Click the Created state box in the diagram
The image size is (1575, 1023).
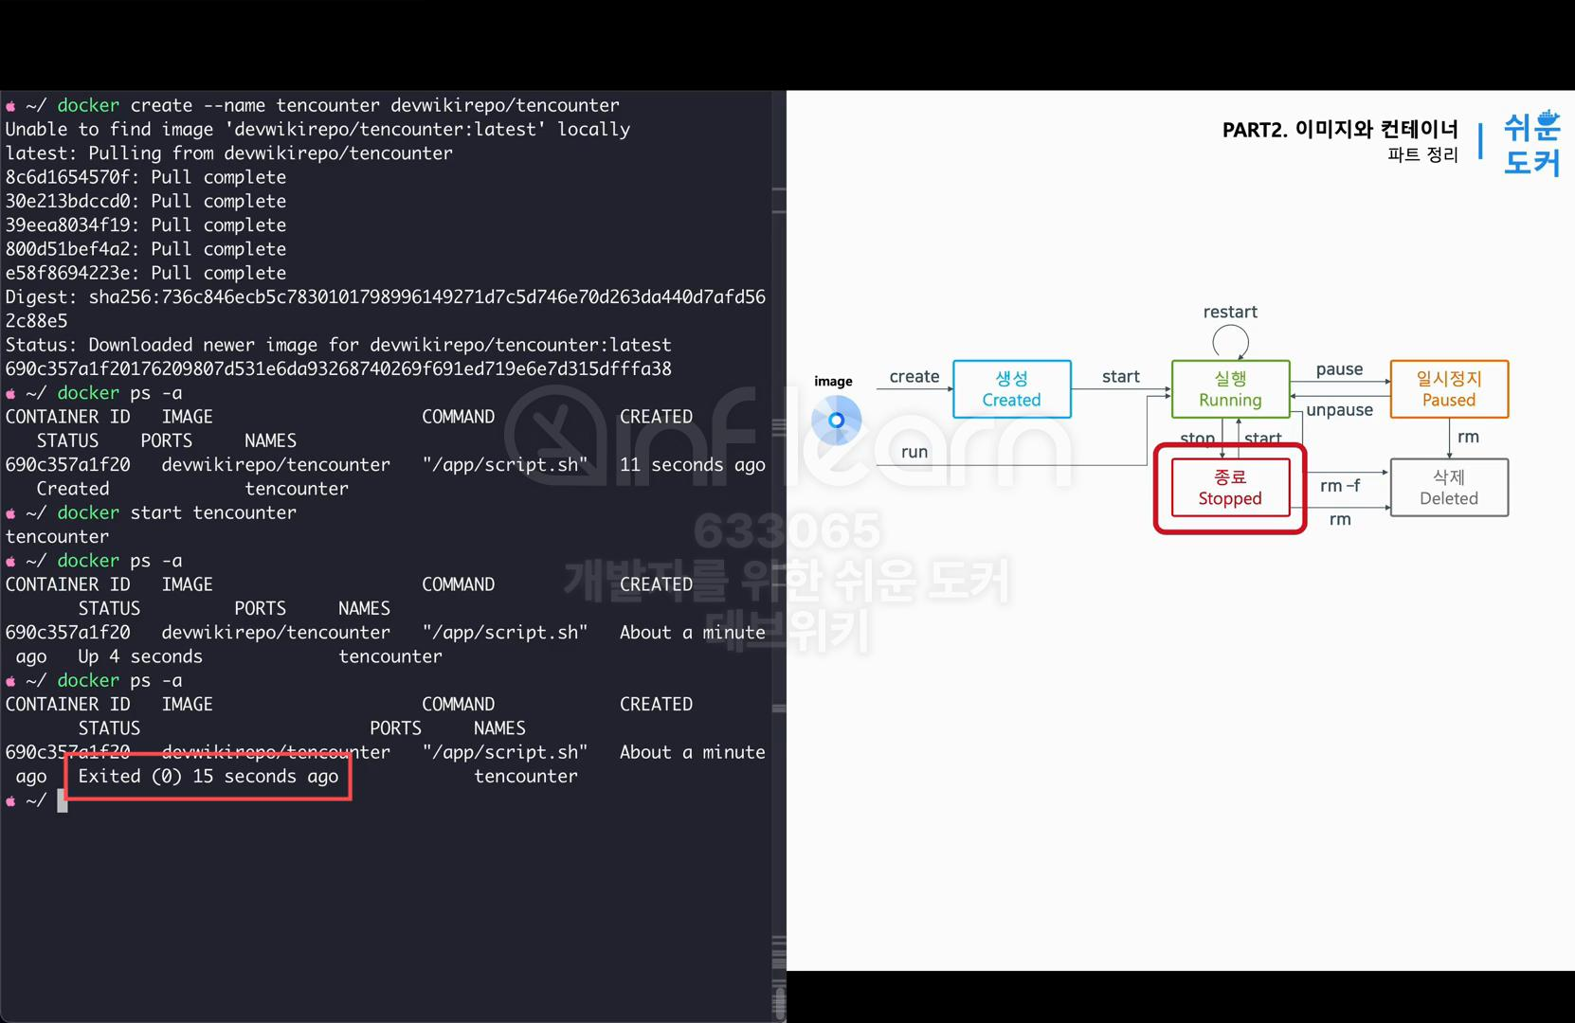click(x=1011, y=389)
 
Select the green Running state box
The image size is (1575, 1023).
click(x=1230, y=389)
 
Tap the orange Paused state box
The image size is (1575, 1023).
click(x=1448, y=389)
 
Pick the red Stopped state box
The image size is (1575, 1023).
click(x=1230, y=488)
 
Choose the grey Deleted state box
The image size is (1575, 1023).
click(x=1448, y=488)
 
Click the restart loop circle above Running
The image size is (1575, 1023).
click(x=1230, y=341)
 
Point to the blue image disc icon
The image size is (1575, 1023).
click(x=836, y=420)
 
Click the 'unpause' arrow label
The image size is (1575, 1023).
click(x=1339, y=410)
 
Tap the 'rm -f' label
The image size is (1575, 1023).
click(x=1339, y=486)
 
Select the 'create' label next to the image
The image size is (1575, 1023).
click(x=914, y=377)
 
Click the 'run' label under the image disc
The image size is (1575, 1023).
click(x=914, y=452)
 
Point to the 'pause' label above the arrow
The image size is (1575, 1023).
click(x=1339, y=369)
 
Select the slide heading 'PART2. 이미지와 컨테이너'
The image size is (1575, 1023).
click(x=1339, y=130)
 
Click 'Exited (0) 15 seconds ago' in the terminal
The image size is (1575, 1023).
click(x=208, y=777)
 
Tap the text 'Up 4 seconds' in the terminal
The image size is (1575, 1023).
click(x=139, y=656)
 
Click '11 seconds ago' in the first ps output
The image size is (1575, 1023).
click(x=692, y=465)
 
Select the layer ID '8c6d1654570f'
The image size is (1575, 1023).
click(x=66, y=177)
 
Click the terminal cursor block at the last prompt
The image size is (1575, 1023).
click(x=63, y=801)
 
